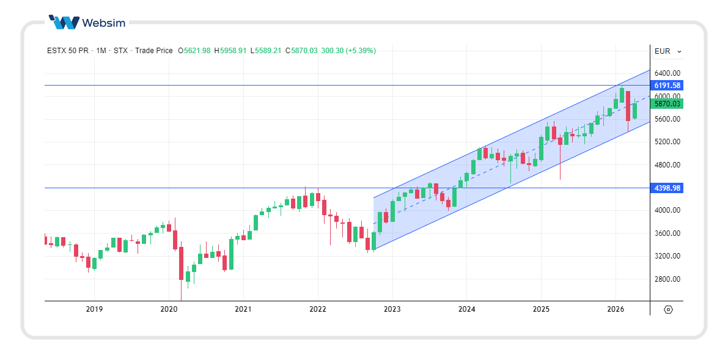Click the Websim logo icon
[64, 23]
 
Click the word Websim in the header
[103, 23]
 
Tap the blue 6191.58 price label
[667, 86]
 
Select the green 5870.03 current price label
[667, 104]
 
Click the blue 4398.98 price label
[667, 188]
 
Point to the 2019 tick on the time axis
[94, 309]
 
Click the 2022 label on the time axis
[317, 309]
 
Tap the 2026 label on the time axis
[615, 309]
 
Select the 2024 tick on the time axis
[466, 309]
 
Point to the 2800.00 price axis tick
[667, 279]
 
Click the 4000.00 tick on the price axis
[667, 211]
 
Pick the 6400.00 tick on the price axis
[667, 73]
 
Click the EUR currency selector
[667, 51]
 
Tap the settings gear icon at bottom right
[667, 309]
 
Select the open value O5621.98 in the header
[194, 51]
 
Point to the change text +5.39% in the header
[361, 51]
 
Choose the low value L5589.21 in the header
[266, 51]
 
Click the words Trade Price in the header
[153, 51]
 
